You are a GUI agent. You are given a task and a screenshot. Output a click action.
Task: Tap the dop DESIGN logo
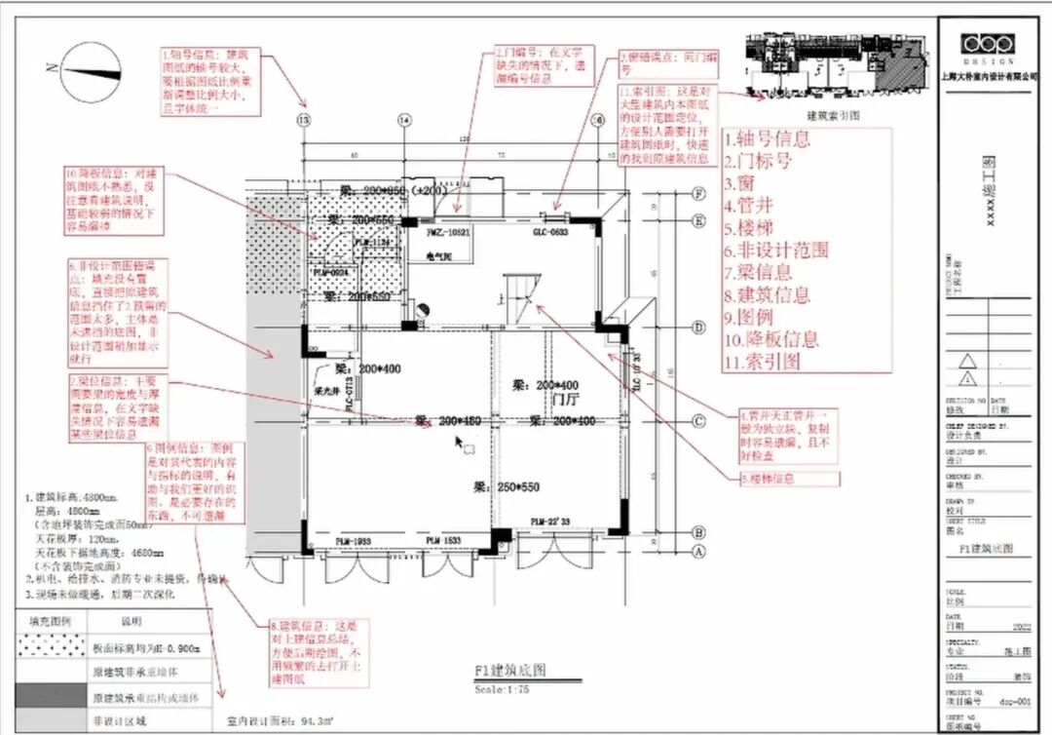coord(987,46)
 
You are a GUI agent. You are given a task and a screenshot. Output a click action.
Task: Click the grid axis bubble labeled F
coord(697,193)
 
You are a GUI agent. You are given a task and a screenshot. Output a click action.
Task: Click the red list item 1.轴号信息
coord(767,138)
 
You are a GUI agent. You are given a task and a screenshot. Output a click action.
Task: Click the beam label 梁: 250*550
coord(507,485)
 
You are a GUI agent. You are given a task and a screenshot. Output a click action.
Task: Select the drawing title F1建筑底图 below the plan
coord(510,671)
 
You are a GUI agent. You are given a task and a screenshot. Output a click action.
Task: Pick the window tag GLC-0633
coord(549,233)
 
